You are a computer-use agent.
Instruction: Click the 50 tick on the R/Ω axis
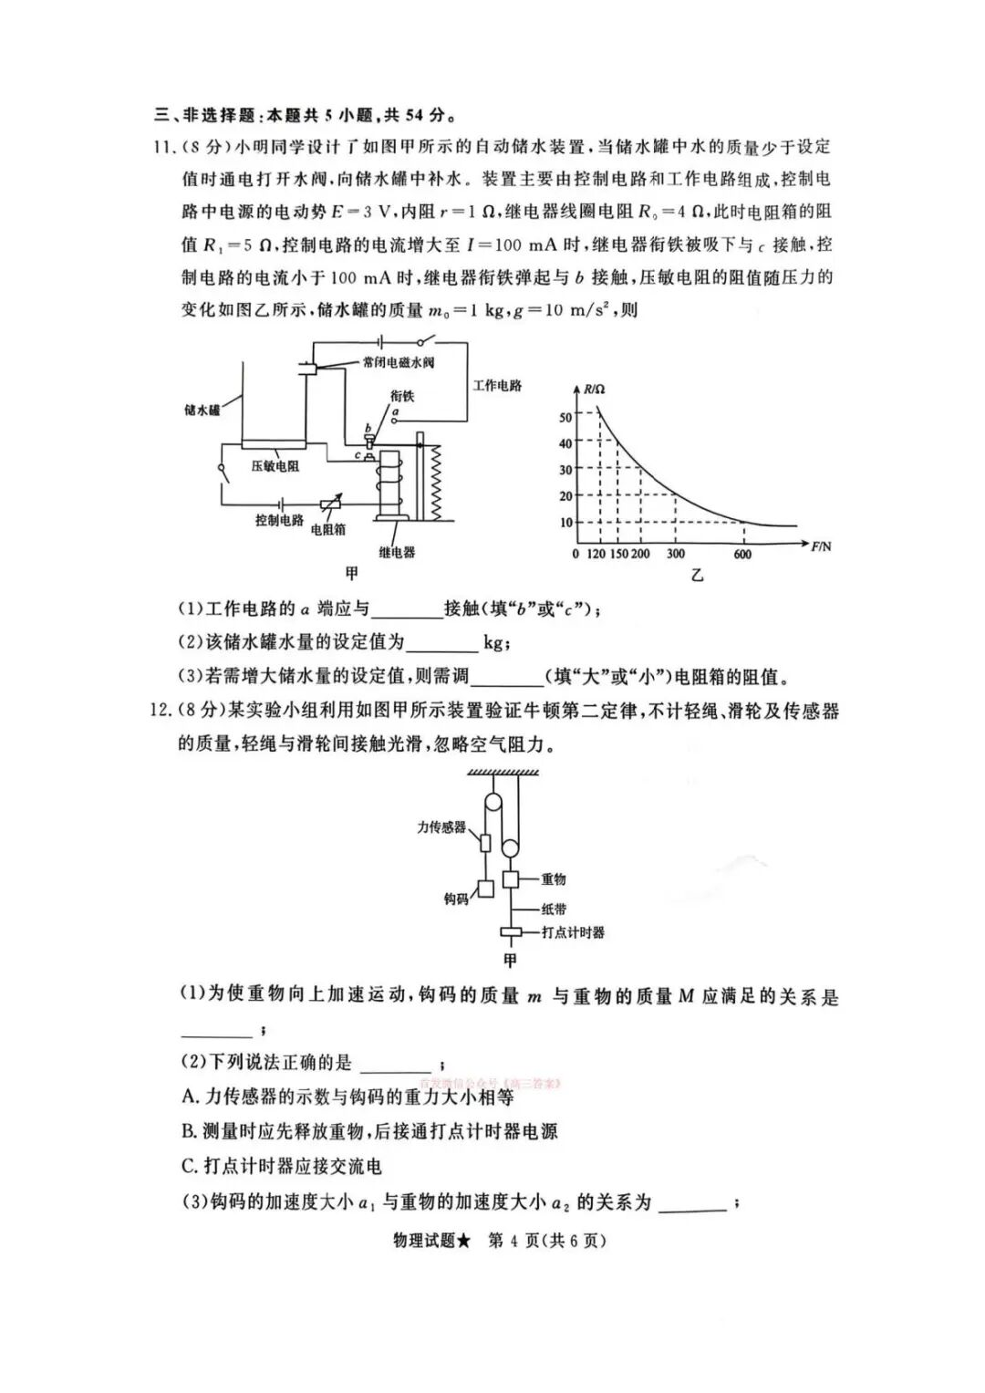pos(565,418)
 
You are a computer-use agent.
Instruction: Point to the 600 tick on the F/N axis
pos(742,554)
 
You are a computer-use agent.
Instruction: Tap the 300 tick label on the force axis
pos(675,554)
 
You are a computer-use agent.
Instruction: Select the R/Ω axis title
pos(594,390)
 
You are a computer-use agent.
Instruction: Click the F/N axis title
pos(821,546)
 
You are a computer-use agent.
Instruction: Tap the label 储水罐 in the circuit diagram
pos(202,411)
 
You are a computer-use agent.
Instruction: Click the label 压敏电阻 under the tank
pos(275,465)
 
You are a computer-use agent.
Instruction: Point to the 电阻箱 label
pos(328,529)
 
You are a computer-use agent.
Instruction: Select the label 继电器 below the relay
pos(397,552)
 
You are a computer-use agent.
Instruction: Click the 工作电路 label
pos(497,386)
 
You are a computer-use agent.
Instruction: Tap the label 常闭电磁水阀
pos(398,362)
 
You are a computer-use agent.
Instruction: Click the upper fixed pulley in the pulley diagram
pos(493,804)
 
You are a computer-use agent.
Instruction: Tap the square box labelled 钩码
pos(486,887)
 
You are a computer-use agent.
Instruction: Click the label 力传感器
pos(441,827)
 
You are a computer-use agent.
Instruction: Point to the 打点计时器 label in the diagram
pos(573,932)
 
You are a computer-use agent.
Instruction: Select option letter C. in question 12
pos(190,1166)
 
